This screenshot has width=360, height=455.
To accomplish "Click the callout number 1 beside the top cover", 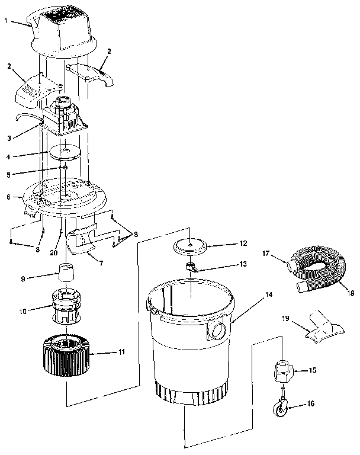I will (x=5, y=21).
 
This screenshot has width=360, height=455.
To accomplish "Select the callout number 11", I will (x=122, y=352).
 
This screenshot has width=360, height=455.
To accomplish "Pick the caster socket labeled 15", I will (x=285, y=372).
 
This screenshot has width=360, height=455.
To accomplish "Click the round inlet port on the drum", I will (x=217, y=330).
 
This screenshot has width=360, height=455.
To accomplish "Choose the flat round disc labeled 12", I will (x=189, y=245).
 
